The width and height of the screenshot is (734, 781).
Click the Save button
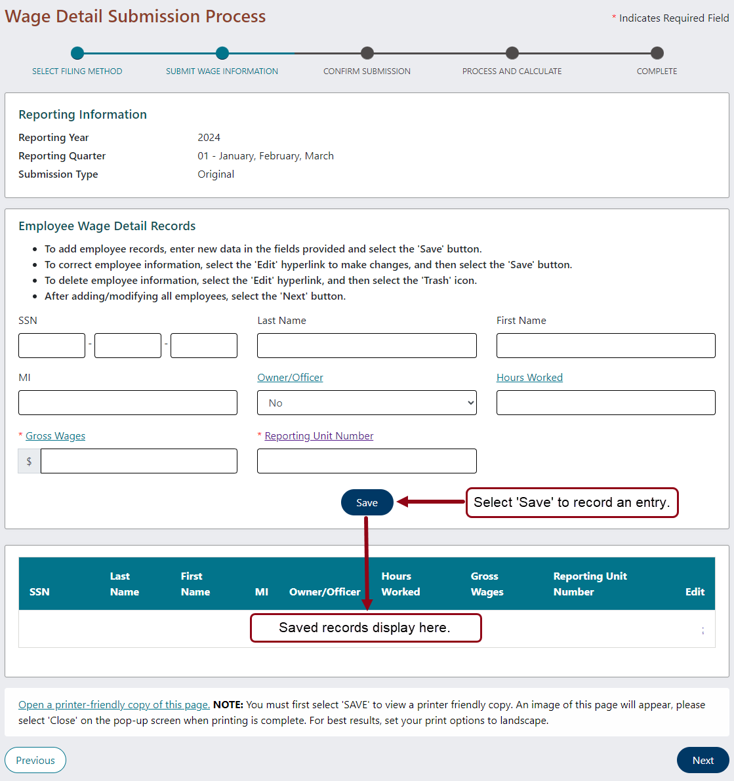point(367,502)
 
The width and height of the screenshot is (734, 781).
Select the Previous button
point(35,760)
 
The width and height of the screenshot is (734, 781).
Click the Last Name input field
point(367,346)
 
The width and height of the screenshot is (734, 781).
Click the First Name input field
point(605,346)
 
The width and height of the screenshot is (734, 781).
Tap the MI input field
point(128,403)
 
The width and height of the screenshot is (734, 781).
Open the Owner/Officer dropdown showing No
point(367,403)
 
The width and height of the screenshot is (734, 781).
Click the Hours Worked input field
point(605,403)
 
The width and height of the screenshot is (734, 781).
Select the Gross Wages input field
point(138,461)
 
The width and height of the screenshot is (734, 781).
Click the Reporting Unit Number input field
point(367,461)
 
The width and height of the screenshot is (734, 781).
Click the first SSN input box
point(52,346)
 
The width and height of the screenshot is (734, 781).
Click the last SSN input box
point(204,346)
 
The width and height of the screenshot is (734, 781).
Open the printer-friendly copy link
point(114,704)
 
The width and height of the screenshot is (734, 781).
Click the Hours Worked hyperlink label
point(529,378)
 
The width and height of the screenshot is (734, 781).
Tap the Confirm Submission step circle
point(367,53)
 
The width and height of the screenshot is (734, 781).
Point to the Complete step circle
point(657,53)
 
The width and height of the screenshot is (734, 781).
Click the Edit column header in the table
point(695,591)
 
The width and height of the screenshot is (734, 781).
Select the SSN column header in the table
point(39,591)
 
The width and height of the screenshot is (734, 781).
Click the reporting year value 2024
point(209,138)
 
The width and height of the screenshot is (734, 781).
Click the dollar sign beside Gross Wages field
point(29,461)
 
